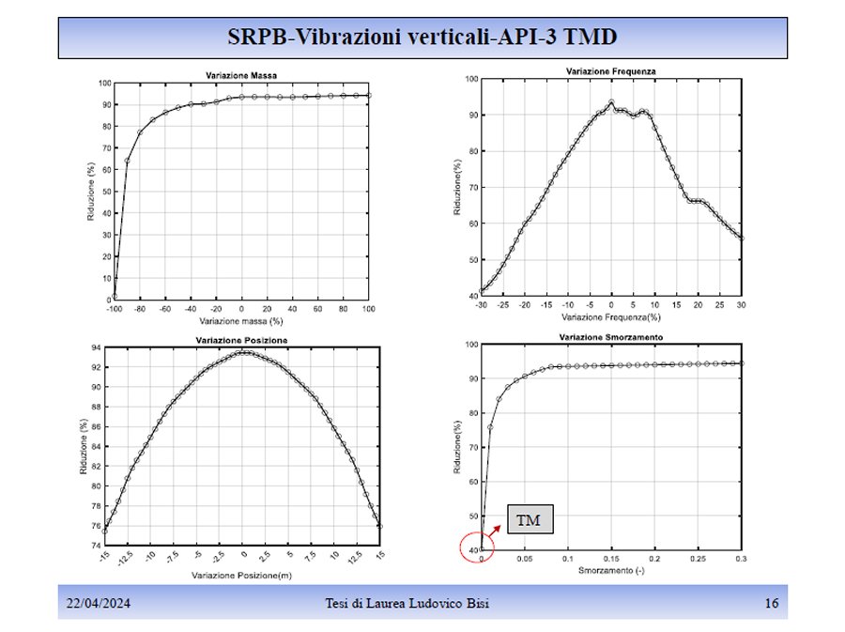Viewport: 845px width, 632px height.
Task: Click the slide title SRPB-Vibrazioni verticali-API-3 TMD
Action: [422, 37]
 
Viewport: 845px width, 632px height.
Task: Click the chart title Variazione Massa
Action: [241, 75]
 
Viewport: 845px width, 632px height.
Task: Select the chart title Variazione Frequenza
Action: [610, 71]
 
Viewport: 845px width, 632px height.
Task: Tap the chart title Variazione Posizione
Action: [242, 339]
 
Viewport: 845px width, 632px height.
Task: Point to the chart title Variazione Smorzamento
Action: [611, 336]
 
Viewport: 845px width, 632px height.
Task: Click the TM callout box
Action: [529, 519]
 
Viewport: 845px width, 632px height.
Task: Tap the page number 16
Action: [772, 603]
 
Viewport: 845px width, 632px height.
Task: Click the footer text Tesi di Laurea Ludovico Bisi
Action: [425, 603]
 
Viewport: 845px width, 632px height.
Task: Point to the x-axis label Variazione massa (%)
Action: [242, 321]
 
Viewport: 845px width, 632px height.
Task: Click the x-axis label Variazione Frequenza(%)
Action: [611, 317]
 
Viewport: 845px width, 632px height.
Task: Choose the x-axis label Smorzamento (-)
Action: [611, 570]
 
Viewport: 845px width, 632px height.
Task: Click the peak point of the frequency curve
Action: [611, 102]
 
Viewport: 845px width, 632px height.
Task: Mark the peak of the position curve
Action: [242, 352]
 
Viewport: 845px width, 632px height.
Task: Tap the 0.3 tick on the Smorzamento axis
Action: [741, 559]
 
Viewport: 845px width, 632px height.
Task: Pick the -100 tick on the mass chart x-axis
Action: [115, 308]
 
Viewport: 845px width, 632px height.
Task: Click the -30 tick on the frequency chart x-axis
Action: [482, 305]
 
